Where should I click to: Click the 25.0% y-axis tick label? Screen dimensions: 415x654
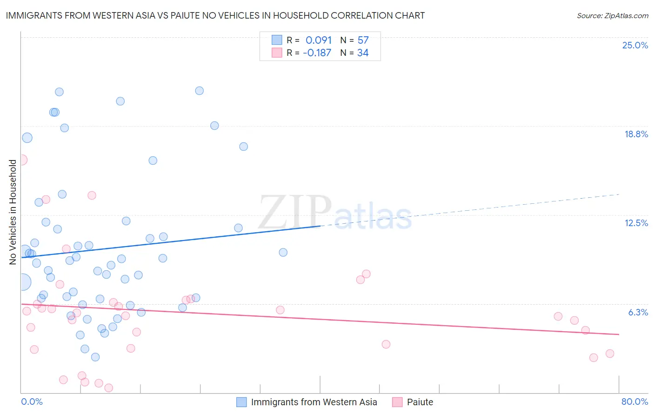[635, 45]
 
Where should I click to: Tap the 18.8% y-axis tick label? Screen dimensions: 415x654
[636, 134]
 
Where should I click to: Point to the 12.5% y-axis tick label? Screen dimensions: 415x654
[636, 223]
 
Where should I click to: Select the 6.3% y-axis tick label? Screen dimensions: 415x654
[638, 312]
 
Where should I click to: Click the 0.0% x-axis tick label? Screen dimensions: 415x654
[32, 402]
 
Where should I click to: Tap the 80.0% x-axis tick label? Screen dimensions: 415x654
[634, 402]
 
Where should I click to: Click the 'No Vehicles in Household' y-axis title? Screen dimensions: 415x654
[13, 212]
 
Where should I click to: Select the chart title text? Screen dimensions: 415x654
[215, 15]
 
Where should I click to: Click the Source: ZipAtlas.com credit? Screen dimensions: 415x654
[612, 15]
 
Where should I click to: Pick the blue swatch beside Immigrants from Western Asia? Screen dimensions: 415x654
[241, 402]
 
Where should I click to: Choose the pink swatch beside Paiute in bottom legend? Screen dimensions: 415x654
[397, 402]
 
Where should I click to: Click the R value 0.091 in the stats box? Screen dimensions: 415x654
[319, 40]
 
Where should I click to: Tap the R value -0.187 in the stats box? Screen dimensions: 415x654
[317, 53]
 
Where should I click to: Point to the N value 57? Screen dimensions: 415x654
[363, 40]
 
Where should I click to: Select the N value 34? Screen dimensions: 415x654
[363, 53]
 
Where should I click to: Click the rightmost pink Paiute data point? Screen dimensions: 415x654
[610, 354]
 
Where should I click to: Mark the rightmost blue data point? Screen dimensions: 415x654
[283, 252]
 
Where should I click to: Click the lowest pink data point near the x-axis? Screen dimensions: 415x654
[109, 388]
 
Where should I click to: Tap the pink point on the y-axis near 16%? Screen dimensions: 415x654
[22, 160]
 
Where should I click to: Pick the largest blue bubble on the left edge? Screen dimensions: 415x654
[22, 281]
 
